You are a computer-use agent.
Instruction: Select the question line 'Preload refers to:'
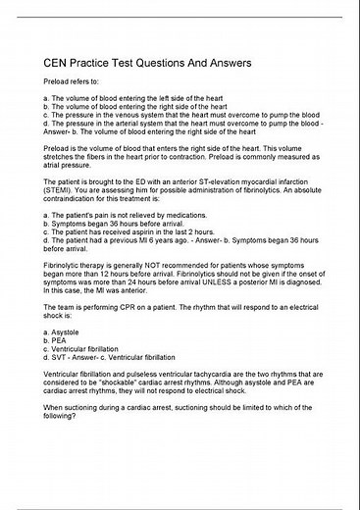pyautogui.click(x=74, y=88)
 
